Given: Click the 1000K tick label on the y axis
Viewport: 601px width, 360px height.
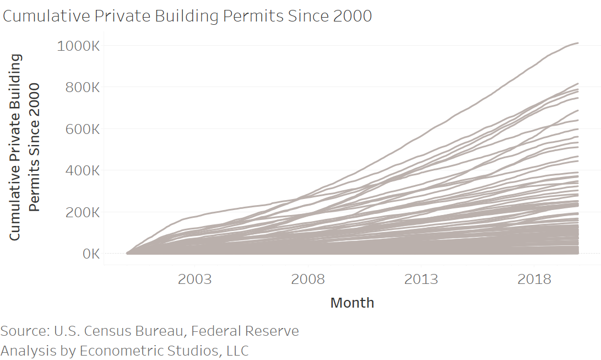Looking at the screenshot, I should (x=78, y=46).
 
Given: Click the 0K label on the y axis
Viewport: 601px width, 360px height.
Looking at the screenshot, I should (x=90, y=254).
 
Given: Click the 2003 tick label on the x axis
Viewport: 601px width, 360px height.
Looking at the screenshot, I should (x=194, y=279).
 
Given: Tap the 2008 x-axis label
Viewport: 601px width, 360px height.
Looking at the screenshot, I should (x=308, y=279).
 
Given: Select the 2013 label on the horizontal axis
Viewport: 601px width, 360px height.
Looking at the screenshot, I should (x=421, y=279).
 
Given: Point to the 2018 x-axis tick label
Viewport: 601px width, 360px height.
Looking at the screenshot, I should (x=534, y=279).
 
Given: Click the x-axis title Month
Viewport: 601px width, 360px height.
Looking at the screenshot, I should (x=352, y=303).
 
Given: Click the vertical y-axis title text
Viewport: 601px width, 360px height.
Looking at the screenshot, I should (x=25, y=147).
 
